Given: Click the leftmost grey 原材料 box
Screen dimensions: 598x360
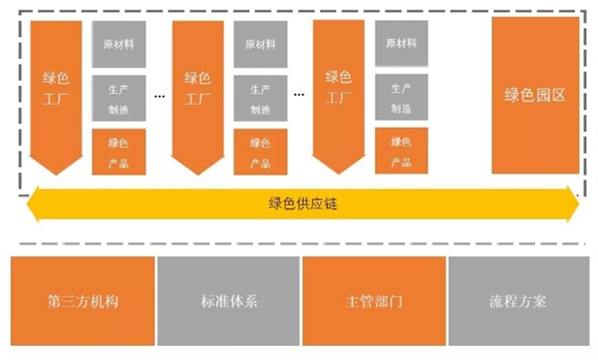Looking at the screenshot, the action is coord(120,45).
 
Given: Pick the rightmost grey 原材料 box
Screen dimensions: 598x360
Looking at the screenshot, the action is coord(402,45).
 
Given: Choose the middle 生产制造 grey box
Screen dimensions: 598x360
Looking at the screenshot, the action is coord(260,98).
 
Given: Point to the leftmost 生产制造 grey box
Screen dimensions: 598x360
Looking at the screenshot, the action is coord(120,98).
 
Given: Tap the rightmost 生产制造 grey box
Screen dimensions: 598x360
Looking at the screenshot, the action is coord(402,98).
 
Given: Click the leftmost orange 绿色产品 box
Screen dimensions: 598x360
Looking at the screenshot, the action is coord(120,152).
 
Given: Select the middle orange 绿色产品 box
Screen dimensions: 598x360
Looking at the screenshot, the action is coord(260,152).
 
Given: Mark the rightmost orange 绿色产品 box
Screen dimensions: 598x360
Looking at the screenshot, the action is coord(402,152).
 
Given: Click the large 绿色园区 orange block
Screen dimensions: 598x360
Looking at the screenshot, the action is coord(534,96).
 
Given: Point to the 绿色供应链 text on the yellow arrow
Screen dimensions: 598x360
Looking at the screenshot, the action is coord(300,203).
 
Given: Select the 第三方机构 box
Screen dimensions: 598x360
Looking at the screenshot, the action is coord(82,300).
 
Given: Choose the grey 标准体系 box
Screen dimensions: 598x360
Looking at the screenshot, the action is coord(228,300).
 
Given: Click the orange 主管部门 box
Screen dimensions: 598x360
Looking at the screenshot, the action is coord(373,300).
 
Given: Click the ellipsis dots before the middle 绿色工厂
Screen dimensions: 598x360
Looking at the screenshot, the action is coord(159,95).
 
